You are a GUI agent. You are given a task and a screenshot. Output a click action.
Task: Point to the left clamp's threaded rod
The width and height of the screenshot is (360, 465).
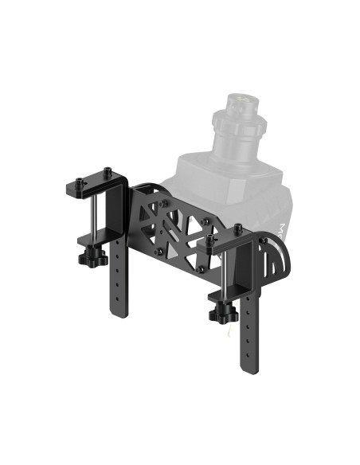coord(95,219)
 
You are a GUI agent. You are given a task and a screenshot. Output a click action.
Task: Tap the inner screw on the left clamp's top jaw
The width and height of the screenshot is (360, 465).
coord(107,170)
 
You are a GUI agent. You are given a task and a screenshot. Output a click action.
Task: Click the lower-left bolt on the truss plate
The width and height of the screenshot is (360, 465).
coord(159,252)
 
